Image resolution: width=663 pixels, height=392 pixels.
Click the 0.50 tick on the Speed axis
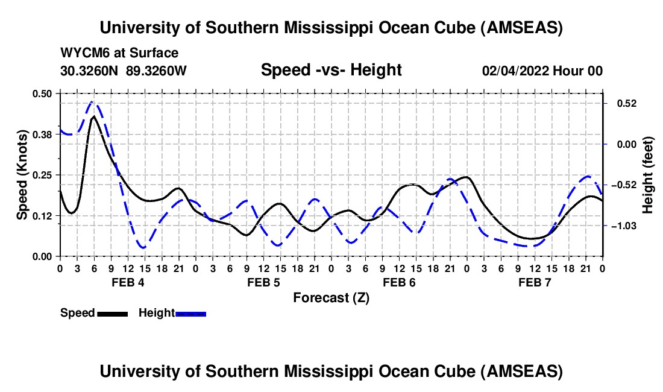point(44,93)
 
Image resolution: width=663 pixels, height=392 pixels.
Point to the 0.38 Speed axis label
point(44,134)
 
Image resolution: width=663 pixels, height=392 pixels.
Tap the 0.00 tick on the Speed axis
point(44,256)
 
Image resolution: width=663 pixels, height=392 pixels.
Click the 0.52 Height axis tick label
point(622,104)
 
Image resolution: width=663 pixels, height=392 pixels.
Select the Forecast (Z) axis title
point(331,298)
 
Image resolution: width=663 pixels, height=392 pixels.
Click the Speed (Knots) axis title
point(22,175)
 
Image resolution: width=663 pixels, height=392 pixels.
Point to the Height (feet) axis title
point(648,175)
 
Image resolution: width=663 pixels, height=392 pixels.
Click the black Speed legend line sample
point(112,313)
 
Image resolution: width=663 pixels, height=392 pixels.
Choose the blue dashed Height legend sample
point(190,313)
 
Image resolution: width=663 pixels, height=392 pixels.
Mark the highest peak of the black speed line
point(93,116)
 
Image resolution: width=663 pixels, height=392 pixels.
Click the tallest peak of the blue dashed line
point(92,102)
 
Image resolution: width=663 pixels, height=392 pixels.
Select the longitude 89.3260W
point(157,71)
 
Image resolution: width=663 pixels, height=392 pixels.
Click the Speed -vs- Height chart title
point(331,70)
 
